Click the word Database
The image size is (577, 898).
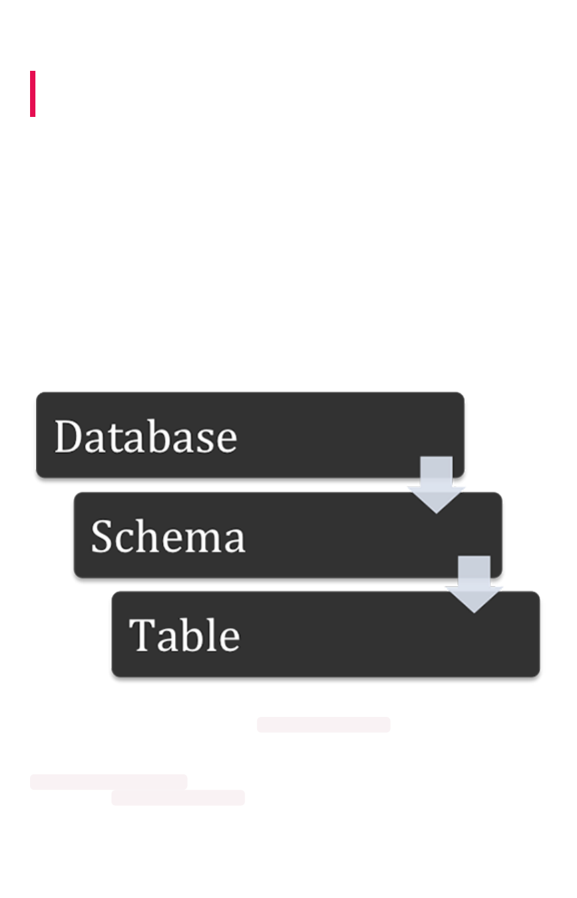click(146, 437)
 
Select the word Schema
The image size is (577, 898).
click(168, 537)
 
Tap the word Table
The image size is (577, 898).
click(184, 635)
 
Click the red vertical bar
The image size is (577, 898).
click(33, 94)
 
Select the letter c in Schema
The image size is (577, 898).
click(124, 540)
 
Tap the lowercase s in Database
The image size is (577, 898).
click(207, 441)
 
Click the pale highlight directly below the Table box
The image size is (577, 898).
click(323, 725)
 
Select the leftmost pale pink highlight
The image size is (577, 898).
click(108, 782)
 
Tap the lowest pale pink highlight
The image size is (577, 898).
click(178, 798)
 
